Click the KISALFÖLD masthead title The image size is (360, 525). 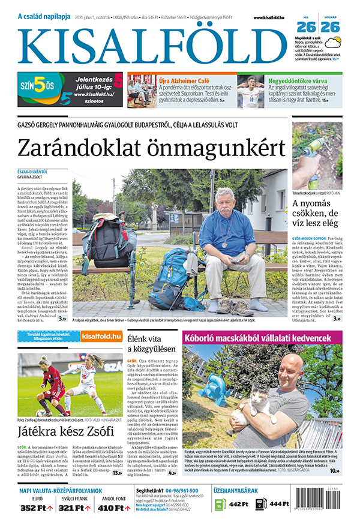(x=153, y=46)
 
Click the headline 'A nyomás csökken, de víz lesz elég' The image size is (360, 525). (x=316, y=215)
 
